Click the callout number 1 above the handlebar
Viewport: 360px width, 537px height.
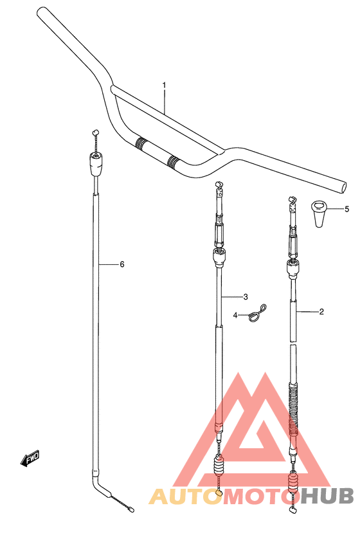pos(165,85)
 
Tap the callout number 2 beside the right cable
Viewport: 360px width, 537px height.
pos(321,312)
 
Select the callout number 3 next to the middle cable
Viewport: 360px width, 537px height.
pos(246,297)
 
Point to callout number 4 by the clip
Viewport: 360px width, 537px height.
pos(235,315)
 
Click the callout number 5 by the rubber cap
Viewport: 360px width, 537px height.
pos(346,209)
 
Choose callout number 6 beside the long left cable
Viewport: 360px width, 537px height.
pos(122,264)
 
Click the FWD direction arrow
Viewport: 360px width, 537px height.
pos(30,458)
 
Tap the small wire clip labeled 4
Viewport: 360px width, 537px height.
pos(257,314)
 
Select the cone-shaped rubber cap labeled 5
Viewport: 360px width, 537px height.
pos(319,215)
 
